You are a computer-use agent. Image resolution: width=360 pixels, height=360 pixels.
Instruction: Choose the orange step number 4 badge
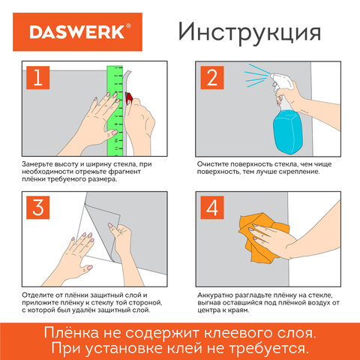coord(213,207)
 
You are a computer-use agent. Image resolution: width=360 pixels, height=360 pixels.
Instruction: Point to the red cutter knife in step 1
coord(132,96)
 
